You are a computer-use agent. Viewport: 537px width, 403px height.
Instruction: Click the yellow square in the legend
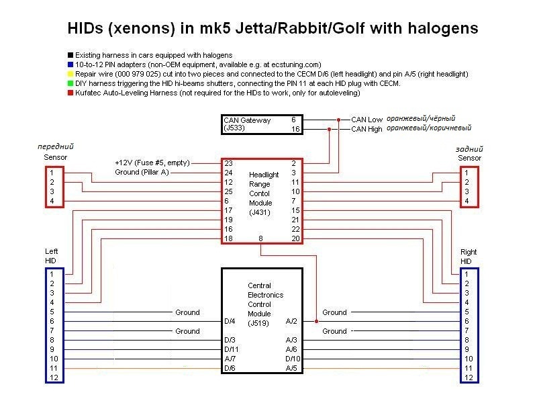(x=70, y=74)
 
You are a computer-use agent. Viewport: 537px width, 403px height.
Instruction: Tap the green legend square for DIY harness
(x=70, y=83)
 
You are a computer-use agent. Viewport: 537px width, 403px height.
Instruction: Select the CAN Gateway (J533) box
(x=262, y=124)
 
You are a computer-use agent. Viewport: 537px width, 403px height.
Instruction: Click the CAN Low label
(x=367, y=120)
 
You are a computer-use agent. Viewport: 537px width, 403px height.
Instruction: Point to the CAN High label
(x=367, y=129)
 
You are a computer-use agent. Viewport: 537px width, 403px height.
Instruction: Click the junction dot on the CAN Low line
(x=338, y=120)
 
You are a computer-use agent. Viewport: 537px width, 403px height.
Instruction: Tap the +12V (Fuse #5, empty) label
(x=152, y=163)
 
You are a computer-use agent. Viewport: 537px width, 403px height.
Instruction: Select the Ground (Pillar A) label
(x=142, y=172)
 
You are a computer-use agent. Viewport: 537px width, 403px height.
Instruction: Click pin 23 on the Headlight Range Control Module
(x=228, y=163)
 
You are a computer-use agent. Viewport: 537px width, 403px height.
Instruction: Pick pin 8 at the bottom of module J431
(x=260, y=238)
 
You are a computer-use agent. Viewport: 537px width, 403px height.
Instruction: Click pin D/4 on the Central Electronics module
(x=230, y=322)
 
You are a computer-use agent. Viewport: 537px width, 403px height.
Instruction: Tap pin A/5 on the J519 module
(x=291, y=368)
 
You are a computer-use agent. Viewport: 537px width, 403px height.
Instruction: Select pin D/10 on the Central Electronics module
(x=293, y=359)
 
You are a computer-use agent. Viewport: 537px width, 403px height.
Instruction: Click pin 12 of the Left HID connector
(x=54, y=377)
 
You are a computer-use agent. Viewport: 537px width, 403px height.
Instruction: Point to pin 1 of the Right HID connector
(x=466, y=274)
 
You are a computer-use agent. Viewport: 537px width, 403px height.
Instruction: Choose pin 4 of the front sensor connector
(x=52, y=201)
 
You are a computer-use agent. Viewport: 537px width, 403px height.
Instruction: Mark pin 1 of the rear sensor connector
(x=466, y=173)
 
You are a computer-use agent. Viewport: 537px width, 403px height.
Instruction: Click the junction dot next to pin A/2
(x=316, y=322)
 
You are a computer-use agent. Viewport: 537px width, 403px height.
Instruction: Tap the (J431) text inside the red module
(x=260, y=212)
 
